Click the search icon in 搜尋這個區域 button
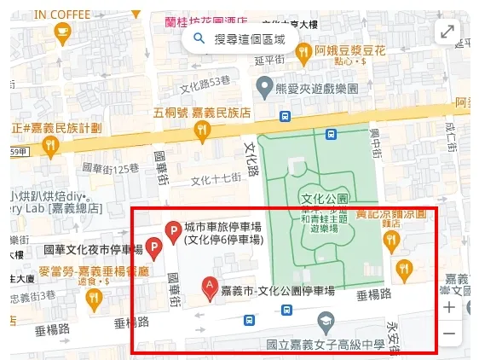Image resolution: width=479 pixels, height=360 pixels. pyautogui.click(x=199, y=38)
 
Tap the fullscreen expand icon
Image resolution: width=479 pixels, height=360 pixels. pyautogui.click(x=447, y=32)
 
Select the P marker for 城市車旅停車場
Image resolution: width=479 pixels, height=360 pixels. pyautogui.click(x=171, y=229)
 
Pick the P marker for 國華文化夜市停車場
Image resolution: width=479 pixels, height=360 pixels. pyautogui.click(x=153, y=248)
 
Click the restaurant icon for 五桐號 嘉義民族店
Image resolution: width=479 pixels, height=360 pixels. pyautogui.click(x=202, y=130)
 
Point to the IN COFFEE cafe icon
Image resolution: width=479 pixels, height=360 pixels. pyautogui.click(x=61, y=32)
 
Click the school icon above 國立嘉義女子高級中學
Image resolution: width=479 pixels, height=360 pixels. pyautogui.click(x=325, y=322)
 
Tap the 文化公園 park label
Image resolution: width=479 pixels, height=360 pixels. pyautogui.click(x=325, y=199)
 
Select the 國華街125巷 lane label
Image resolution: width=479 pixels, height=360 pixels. pyautogui.click(x=110, y=167)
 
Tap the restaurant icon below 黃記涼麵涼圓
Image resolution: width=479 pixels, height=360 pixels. pyautogui.click(x=391, y=241)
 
